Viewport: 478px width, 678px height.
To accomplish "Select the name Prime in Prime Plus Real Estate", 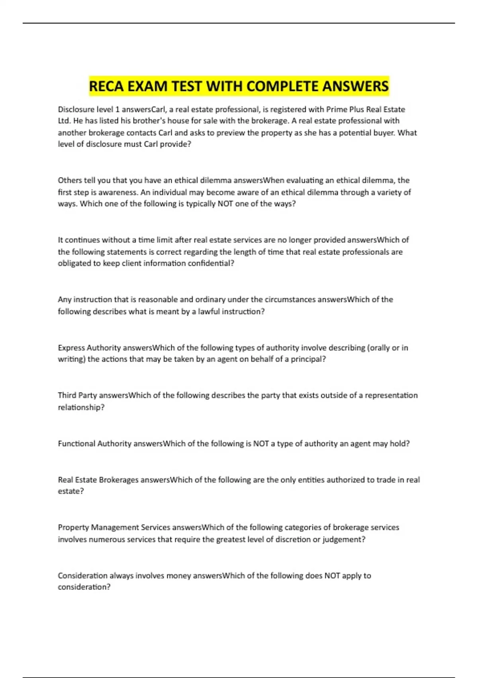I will pyautogui.click(x=337, y=109).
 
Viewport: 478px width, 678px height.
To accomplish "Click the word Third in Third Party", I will pyautogui.click(x=67, y=396).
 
